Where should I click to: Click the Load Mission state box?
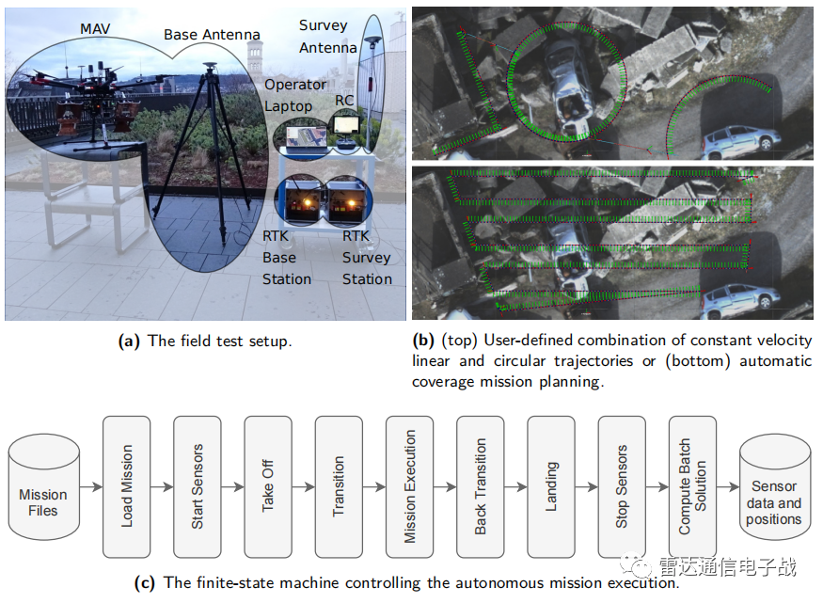[x=127, y=486]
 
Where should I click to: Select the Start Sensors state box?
[x=198, y=486]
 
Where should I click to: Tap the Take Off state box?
[x=268, y=486]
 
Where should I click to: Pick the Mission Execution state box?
[x=409, y=486]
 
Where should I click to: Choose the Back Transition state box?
[x=481, y=486]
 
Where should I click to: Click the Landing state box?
[x=551, y=486]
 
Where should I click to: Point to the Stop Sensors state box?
[x=622, y=486]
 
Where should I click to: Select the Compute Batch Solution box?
[x=692, y=486]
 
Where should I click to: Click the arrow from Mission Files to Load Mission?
[x=90, y=487]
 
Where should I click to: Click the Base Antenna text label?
[x=212, y=35]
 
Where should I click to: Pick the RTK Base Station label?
[x=287, y=257]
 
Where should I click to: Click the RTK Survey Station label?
[x=367, y=257]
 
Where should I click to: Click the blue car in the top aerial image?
[x=741, y=140]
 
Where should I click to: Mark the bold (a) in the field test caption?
[x=130, y=341]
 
